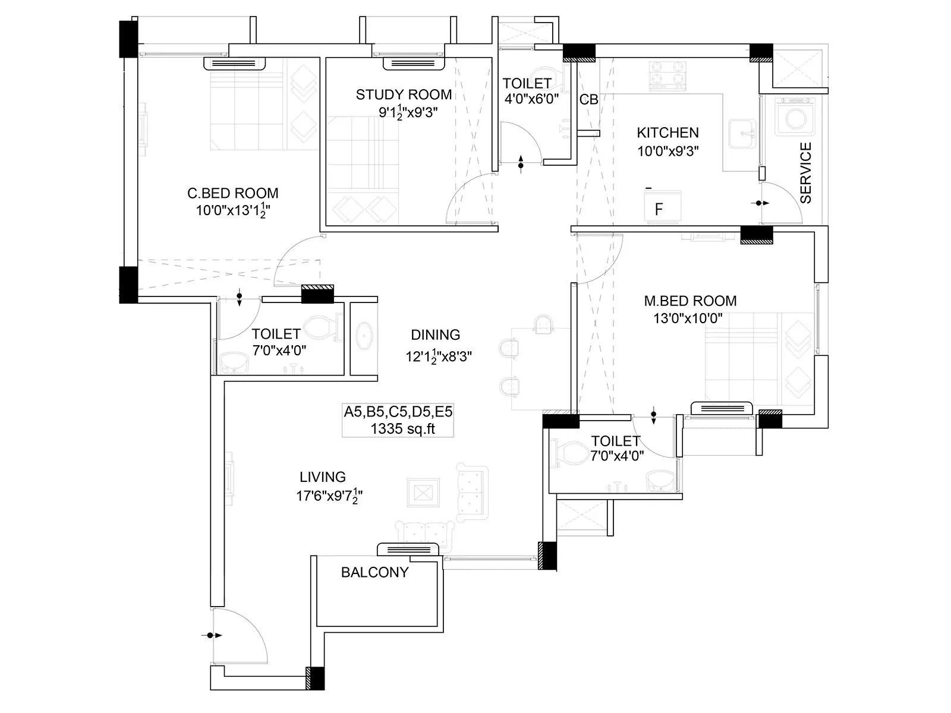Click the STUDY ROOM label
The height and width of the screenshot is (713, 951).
click(x=404, y=94)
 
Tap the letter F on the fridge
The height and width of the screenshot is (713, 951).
click(x=659, y=209)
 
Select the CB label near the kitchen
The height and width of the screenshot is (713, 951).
click(x=588, y=100)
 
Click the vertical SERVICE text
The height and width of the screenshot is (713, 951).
click(x=806, y=173)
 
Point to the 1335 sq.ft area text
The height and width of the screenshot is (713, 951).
click(x=402, y=429)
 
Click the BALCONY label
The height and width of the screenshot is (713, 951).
click(x=374, y=572)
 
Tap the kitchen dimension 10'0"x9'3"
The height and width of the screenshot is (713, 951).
click(x=667, y=151)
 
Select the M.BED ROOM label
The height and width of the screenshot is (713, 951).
click(x=690, y=301)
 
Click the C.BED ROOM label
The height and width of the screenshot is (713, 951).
click(x=232, y=193)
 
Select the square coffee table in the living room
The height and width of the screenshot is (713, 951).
click(x=423, y=492)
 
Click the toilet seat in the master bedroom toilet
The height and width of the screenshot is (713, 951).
click(x=568, y=452)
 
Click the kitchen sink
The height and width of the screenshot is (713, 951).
click(x=742, y=135)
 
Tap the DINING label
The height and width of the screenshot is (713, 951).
click(x=435, y=335)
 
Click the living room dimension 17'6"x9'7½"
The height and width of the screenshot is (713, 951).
click(x=329, y=496)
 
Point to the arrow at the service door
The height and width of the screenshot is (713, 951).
click(x=761, y=203)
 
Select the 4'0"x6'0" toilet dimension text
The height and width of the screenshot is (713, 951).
click(x=531, y=99)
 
